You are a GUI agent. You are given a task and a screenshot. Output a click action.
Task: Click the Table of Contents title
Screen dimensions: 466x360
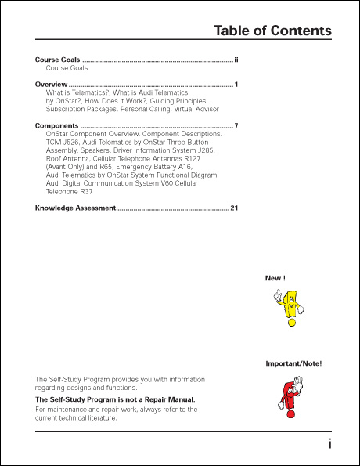[272, 31]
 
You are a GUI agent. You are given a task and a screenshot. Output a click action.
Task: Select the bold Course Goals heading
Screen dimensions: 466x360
[58, 60]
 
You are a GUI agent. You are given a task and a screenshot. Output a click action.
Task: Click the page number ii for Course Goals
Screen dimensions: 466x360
[236, 60]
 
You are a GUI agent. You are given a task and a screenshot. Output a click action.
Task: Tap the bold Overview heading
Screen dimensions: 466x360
[51, 84]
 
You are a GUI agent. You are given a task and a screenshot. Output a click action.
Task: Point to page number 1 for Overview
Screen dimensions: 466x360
[236, 84]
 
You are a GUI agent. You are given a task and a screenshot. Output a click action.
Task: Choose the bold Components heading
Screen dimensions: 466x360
[56, 125]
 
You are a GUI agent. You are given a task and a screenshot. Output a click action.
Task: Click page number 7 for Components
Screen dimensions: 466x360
[236, 125]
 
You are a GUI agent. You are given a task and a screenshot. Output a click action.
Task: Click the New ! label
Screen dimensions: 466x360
[275, 278]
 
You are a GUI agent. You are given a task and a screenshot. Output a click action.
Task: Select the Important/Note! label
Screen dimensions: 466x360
[293, 364]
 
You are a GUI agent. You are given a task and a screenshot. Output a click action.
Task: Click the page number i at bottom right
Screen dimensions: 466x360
[329, 443]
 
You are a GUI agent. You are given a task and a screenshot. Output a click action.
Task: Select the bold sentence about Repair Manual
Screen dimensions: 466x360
[115, 399]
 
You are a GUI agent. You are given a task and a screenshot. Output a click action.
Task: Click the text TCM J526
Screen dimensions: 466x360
[63, 143]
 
